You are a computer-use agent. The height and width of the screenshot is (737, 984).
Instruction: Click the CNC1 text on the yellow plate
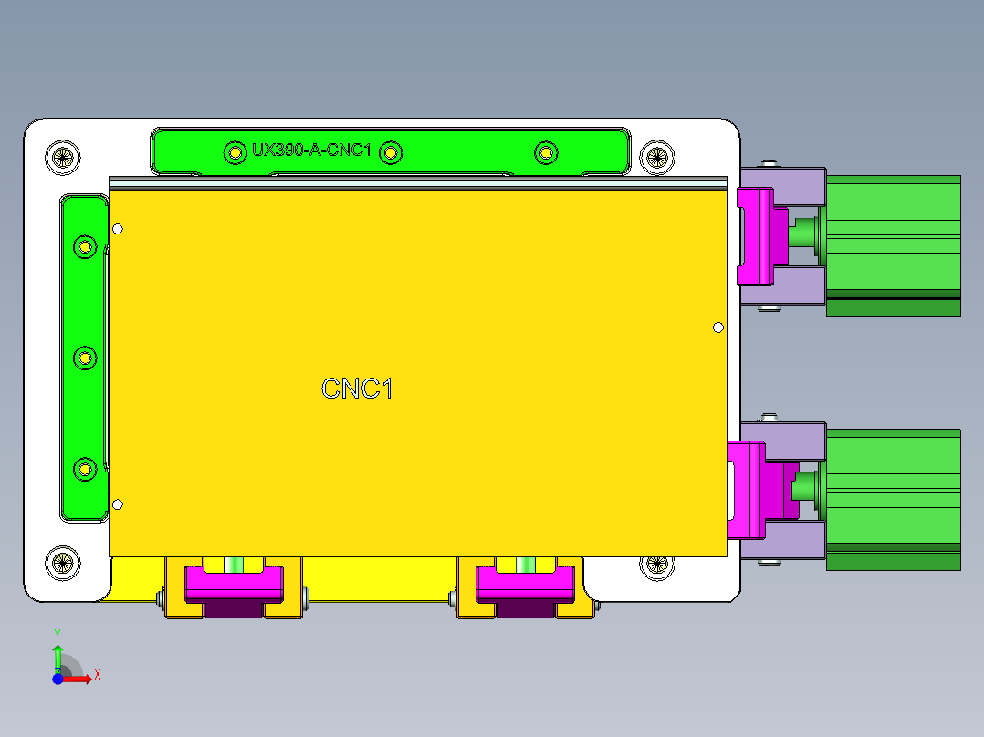point(357,389)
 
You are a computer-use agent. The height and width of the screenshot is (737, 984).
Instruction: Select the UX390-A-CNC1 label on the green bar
point(311,151)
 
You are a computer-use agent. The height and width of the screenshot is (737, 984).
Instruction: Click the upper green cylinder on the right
point(893,239)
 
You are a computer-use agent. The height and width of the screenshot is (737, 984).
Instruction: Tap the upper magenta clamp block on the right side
point(756,234)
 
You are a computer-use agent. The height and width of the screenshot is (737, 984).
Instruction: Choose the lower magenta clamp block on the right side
point(748,490)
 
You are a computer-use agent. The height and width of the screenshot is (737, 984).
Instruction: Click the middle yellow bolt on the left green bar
point(85,358)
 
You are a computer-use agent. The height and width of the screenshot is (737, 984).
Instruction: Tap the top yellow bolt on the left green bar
point(85,246)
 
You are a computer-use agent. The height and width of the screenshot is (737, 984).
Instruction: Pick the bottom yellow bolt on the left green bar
point(85,469)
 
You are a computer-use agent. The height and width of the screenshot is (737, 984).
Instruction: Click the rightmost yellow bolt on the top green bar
point(545,152)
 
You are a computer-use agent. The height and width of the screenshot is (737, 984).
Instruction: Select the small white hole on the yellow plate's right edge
point(718,327)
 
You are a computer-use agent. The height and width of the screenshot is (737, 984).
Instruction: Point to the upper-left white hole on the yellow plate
point(117,229)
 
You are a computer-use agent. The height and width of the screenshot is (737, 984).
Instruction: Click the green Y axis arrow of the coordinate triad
point(57,655)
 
